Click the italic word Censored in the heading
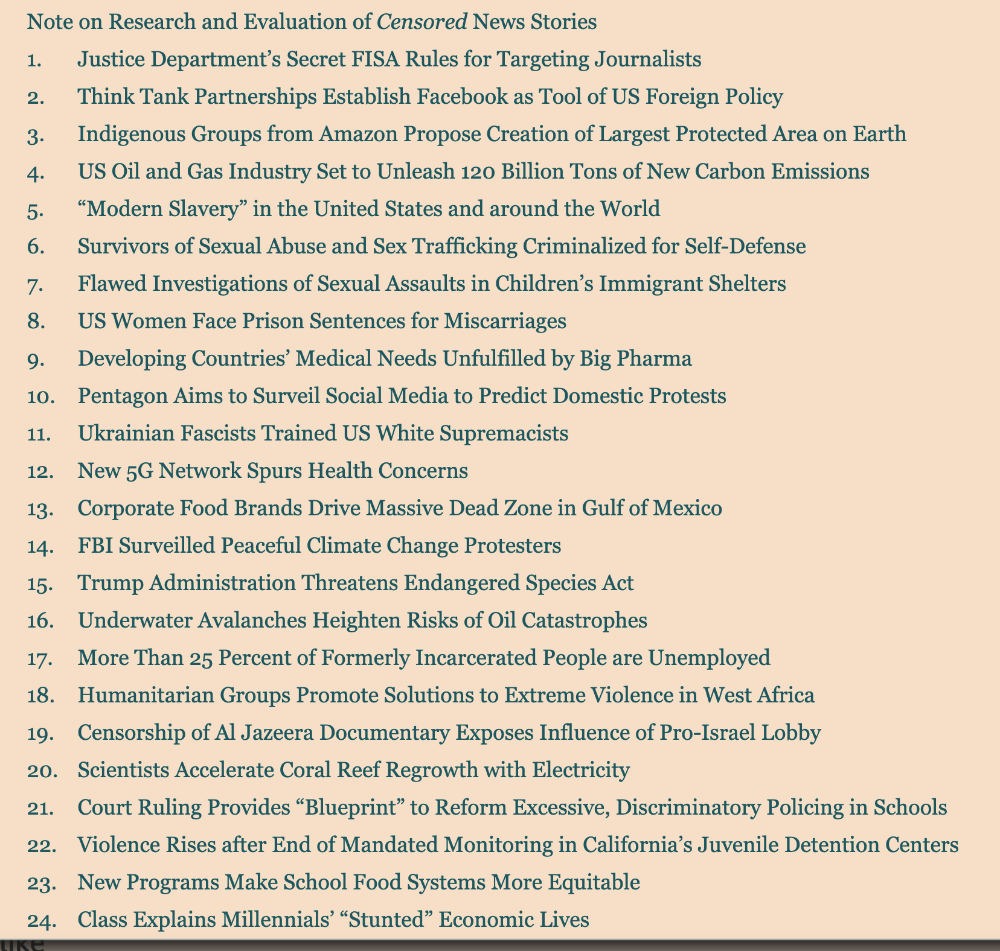[421, 22]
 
